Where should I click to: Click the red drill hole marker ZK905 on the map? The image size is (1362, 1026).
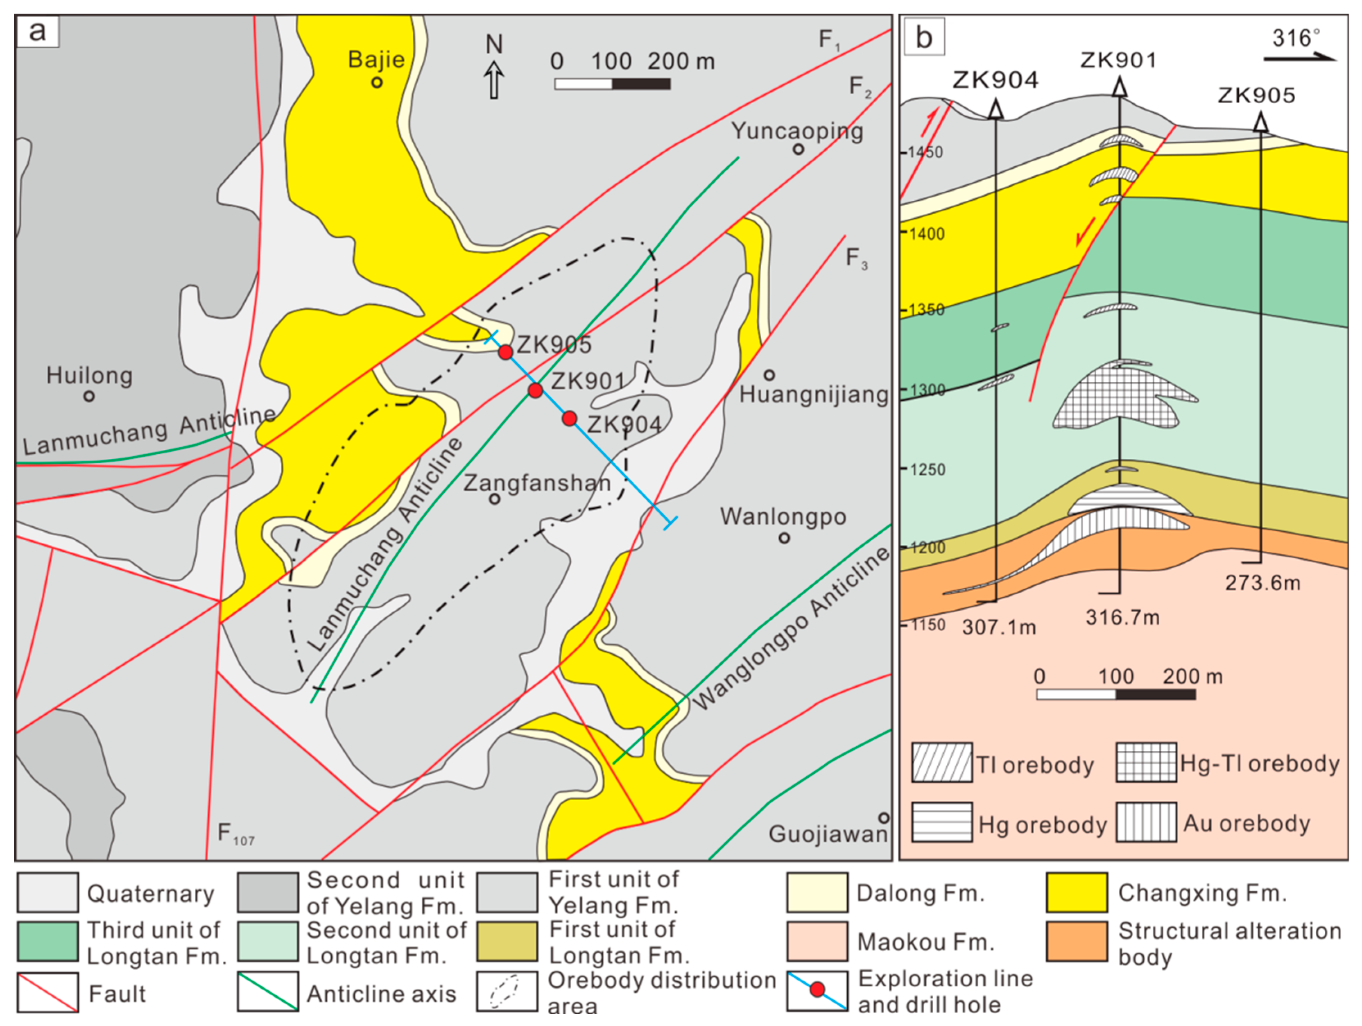tap(505, 352)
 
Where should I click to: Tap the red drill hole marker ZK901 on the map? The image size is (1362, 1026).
tap(535, 390)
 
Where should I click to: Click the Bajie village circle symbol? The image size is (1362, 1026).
tap(377, 82)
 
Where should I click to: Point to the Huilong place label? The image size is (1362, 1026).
tap(89, 375)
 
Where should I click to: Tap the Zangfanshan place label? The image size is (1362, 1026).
tap(536, 482)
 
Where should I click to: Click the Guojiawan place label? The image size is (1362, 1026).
tap(828, 834)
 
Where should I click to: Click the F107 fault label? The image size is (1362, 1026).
tap(235, 834)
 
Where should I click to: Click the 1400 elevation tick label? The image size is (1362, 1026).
tap(927, 234)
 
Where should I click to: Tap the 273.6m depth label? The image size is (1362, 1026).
tap(1262, 582)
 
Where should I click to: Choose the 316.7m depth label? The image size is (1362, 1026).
tap(1122, 617)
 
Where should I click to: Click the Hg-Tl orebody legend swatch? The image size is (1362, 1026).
tap(1146, 762)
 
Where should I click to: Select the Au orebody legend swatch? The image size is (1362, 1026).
tap(1146, 822)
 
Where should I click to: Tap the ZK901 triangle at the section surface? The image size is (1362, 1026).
tap(1120, 88)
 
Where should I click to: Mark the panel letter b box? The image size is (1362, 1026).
tap(923, 37)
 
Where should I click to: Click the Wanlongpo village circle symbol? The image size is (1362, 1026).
tap(784, 538)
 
